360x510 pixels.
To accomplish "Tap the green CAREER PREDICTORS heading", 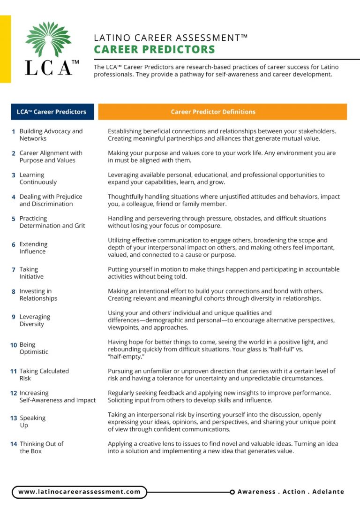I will pos(154,50).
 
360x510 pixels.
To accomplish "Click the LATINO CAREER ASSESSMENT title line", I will pos(171,38).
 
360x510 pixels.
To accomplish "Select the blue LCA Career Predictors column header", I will pos(52,112).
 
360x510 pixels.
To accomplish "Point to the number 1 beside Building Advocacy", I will pos(14,132).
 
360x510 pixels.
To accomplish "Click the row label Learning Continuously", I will pos(37,178).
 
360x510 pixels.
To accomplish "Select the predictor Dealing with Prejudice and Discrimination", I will pos(51,200).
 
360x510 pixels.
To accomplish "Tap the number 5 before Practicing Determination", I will pos(14,219).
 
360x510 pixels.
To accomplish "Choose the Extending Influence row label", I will pos(33,248).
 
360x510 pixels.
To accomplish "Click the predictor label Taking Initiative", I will pos(31,273).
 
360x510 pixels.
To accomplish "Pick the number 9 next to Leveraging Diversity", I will pos(14,317).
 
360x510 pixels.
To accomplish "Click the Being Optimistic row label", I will pos(33,348).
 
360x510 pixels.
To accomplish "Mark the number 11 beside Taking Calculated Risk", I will pos(14,371).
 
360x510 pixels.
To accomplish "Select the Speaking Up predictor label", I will pos(32,421).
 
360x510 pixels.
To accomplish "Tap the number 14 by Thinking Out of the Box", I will pos(14,444).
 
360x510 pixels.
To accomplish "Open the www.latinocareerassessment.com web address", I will pos(79,492).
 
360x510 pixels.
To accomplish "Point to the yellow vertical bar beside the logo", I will pos(5,49).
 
